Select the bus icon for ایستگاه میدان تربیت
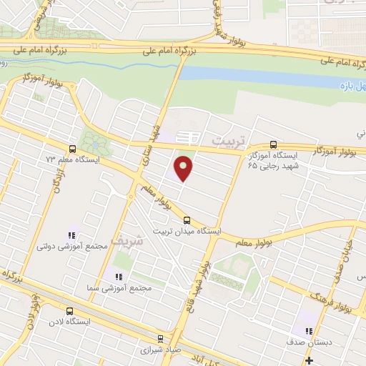coord(187,220)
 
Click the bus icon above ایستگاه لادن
coord(69,311)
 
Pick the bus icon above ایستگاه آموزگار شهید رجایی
coord(272,144)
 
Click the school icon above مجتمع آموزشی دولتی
coord(71,234)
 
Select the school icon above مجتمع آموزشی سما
coord(118,276)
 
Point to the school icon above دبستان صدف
coord(308,331)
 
